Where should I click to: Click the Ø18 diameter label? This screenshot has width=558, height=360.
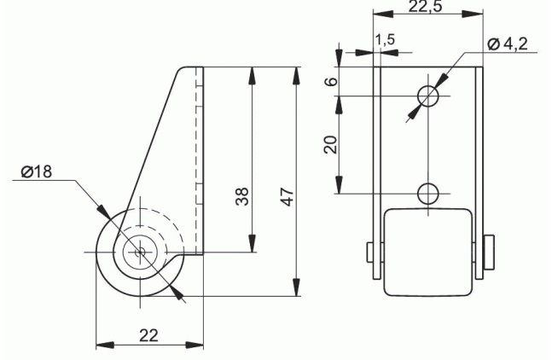(x=37, y=171)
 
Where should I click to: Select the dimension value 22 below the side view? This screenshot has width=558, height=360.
(x=148, y=335)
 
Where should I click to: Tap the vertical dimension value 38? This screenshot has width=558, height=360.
(x=242, y=196)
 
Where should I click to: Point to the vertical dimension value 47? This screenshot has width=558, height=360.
(x=288, y=196)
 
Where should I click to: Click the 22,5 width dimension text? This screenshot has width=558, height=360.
(x=425, y=6)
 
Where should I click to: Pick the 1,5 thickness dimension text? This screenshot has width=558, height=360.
(x=385, y=39)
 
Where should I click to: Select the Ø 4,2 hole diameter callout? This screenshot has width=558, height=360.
(x=508, y=44)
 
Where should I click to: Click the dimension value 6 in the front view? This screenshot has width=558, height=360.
(x=332, y=81)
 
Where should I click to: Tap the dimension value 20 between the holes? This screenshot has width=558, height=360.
(x=330, y=144)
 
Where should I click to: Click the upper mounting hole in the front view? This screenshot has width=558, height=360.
(x=427, y=96)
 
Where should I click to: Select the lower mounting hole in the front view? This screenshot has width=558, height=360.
(x=427, y=194)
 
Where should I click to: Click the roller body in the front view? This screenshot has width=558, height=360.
(x=429, y=253)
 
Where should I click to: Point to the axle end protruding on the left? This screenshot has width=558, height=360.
(x=370, y=253)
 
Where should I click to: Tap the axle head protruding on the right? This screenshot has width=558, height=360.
(x=489, y=253)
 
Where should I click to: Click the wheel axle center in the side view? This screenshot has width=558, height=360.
(x=140, y=252)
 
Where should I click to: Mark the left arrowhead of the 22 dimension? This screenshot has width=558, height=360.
(x=105, y=345)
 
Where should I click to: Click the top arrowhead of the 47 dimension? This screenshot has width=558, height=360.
(x=296, y=75)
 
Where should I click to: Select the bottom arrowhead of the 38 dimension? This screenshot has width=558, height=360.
(x=252, y=243)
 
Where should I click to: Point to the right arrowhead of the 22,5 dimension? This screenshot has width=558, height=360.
(x=474, y=14)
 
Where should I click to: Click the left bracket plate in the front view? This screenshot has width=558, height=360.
(x=376, y=173)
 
